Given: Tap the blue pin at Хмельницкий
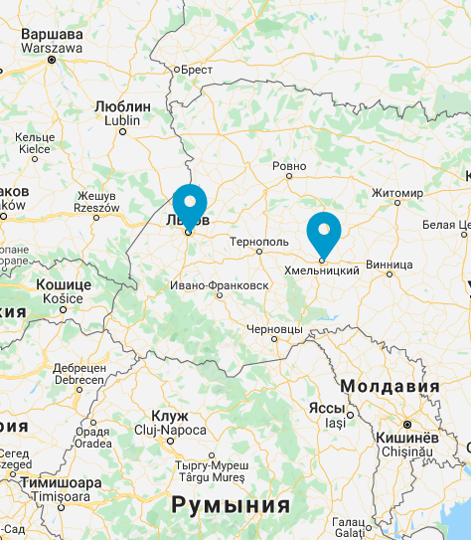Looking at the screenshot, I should [323, 231].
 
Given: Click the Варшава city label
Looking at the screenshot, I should [52, 34].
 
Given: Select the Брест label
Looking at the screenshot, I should [194, 70].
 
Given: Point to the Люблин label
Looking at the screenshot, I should [122, 106].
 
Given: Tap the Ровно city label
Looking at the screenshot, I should [289, 165].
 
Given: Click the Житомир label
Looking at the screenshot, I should [397, 192].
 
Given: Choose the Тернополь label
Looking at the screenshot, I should [258, 242].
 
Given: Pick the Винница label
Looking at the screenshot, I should [389, 265].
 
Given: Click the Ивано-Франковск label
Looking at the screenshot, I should [220, 285].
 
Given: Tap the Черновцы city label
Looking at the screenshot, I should [273, 328].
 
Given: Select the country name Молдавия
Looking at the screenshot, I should [390, 386].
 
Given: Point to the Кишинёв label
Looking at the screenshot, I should [408, 438].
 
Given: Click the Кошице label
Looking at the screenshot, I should [64, 284].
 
